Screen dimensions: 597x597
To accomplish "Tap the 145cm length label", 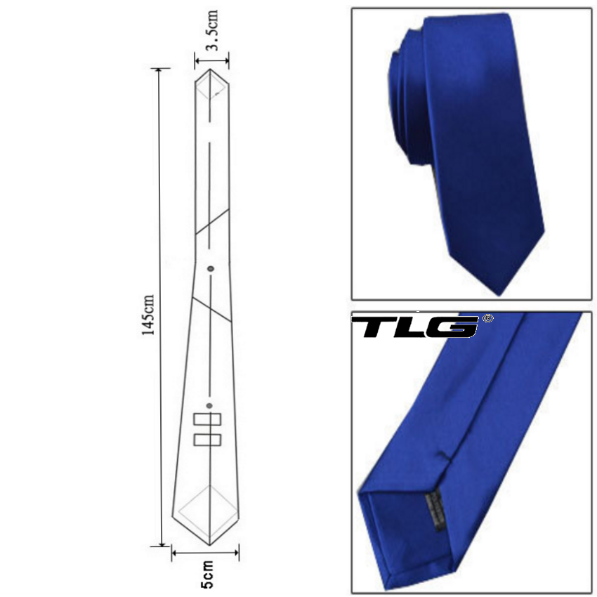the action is coord(147,315).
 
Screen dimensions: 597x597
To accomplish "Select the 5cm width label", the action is coord(206,574).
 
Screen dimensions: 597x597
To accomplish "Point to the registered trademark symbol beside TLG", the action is coord(487,318).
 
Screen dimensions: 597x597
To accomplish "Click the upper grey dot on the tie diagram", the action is coord(211,269).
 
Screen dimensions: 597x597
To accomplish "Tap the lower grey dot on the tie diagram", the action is coord(209,405).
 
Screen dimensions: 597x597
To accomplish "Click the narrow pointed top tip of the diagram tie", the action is coord(210,70).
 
